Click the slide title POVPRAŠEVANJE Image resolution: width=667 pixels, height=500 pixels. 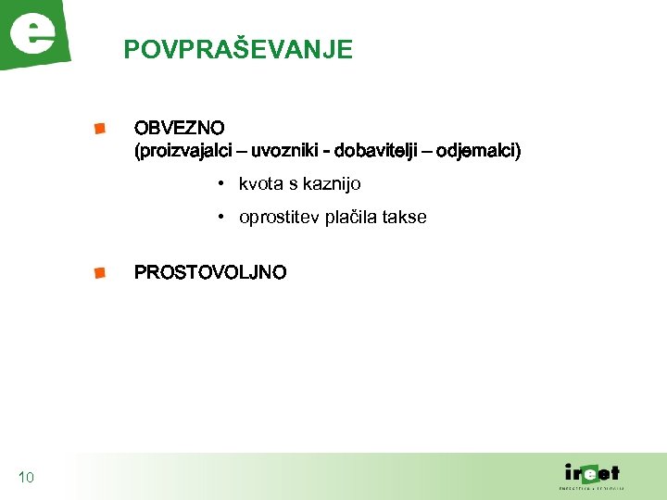point(238,49)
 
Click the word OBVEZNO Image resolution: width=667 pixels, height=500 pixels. point(179,127)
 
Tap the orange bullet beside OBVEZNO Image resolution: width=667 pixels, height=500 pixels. point(99,128)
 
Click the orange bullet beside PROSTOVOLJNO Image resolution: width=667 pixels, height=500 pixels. point(99,272)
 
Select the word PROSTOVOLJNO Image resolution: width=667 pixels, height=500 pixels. point(210,272)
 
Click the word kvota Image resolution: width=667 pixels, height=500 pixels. point(260,184)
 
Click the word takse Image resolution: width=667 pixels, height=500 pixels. point(408,218)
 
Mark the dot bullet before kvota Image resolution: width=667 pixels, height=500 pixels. point(222,184)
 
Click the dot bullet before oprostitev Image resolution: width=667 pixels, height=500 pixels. point(222,218)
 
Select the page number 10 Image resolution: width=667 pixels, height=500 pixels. point(26,478)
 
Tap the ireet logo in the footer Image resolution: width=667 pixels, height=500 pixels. point(593,473)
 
